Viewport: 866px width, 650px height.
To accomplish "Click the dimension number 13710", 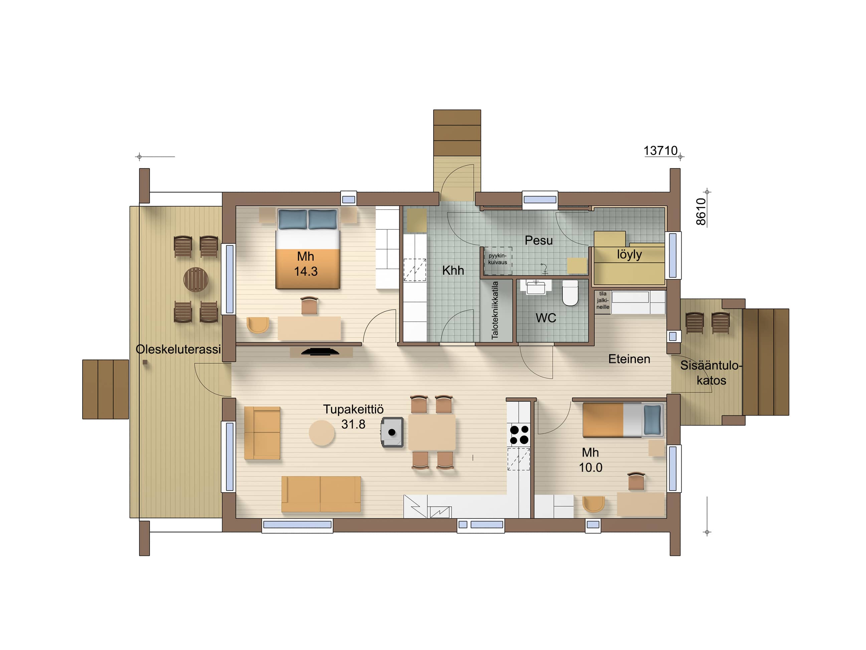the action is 661,151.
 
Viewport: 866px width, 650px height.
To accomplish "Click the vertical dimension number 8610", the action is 701,212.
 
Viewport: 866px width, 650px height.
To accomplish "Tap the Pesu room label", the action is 539,240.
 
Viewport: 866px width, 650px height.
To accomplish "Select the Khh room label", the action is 453,270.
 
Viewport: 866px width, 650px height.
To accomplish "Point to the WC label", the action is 546,318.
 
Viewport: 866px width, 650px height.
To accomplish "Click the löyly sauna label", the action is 629,254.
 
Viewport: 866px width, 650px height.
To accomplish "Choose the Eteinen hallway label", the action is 629,359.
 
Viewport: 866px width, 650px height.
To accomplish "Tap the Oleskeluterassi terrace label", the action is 178,349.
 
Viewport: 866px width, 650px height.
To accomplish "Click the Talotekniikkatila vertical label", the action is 495,310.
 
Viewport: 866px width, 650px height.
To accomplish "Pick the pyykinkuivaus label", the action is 498,259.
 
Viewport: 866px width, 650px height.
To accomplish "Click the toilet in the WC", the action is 570,293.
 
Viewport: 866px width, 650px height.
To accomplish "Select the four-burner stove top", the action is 519,435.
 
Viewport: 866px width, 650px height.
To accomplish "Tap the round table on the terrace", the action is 196,279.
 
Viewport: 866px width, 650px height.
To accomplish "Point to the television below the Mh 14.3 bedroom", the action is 320,352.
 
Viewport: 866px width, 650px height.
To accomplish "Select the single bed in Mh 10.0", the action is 623,420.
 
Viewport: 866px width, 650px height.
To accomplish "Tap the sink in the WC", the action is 536,287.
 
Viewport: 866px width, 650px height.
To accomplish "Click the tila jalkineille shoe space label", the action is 603,300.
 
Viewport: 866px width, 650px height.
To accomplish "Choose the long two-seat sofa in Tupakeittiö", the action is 321,494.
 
